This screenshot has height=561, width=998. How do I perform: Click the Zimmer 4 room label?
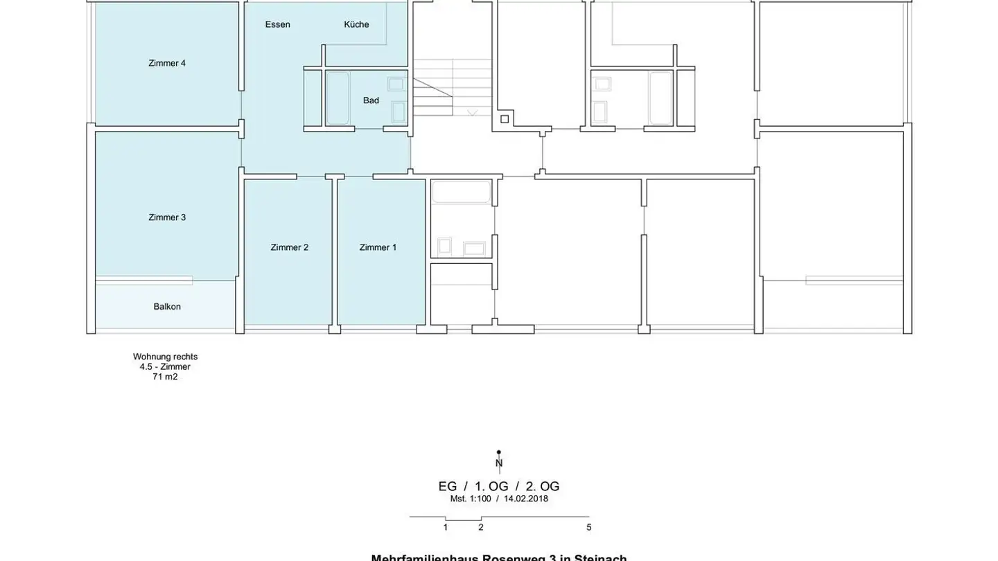point(167,63)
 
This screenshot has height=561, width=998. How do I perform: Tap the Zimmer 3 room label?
point(167,217)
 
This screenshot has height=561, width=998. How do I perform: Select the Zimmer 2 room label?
point(290,247)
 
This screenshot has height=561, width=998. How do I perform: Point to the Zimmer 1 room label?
point(378,247)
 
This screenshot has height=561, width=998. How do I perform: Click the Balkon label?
point(167,307)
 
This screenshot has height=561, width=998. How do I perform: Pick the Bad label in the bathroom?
point(371,100)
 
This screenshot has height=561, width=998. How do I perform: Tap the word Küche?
point(356,24)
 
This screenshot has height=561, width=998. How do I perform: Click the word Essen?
point(277,24)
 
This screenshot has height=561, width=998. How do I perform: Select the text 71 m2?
point(165,377)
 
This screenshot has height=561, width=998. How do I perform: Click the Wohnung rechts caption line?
point(165,357)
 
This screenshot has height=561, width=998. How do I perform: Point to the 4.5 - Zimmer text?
point(165,367)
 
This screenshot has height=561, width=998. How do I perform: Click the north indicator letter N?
point(499,463)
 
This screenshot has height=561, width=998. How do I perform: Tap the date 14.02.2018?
point(525,499)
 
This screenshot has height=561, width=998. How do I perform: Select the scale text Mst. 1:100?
point(471,499)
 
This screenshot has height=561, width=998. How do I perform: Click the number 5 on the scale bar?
point(589,528)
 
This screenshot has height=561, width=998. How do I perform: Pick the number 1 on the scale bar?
point(446,528)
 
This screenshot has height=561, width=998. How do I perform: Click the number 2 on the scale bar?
point(481,528)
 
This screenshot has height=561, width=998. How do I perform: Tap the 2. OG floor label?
point(542,486)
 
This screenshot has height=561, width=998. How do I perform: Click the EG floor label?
point(448,486)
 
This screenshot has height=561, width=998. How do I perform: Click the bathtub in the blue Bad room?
point(338,98)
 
